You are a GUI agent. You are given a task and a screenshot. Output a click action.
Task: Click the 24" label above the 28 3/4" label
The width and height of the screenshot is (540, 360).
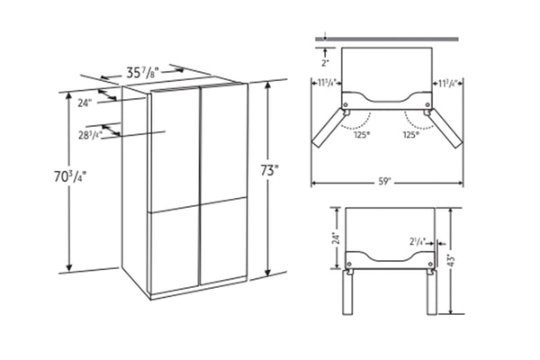click(x=85, y=103)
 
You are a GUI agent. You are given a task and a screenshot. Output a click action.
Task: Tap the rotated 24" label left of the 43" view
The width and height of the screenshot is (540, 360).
click(x=336, y=239)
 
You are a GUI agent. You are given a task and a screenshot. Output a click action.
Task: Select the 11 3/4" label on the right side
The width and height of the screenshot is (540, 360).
click(x=447, y=84)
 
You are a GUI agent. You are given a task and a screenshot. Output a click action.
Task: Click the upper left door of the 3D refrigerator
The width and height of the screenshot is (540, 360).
click(x=176, y=148)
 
